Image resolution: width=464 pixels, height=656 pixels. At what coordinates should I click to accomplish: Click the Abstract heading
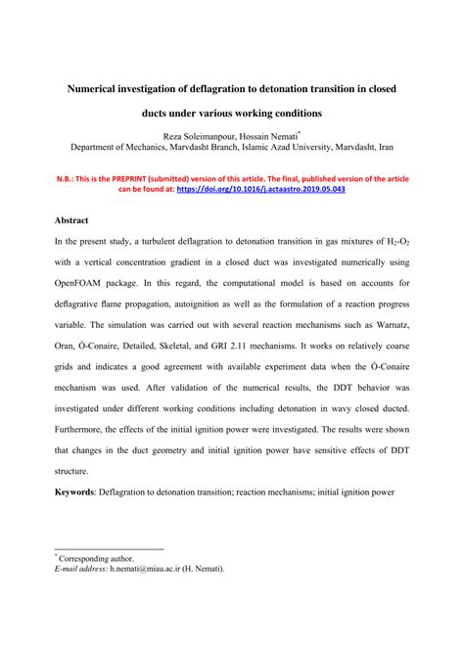(74, 220)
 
